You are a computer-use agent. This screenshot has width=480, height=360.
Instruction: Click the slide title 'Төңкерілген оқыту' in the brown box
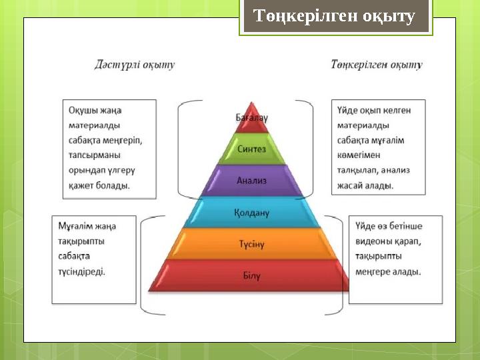335,17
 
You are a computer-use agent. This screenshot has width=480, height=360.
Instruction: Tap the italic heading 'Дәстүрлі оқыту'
135,65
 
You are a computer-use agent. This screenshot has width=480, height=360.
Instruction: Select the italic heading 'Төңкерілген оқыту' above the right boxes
377,65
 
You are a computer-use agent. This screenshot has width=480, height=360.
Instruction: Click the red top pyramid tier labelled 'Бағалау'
251,117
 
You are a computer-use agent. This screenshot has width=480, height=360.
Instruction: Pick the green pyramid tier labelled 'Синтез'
251,149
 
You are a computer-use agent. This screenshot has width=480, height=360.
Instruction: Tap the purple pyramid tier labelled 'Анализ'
251,181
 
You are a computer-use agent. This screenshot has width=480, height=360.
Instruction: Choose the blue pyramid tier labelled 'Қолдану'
251,213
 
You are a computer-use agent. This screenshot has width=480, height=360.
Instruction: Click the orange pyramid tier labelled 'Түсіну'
251,244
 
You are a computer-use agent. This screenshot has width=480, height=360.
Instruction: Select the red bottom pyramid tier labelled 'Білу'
251,275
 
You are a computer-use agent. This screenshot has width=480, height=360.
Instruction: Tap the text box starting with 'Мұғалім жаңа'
94,259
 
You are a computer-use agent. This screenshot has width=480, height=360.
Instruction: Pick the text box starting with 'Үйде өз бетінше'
395,259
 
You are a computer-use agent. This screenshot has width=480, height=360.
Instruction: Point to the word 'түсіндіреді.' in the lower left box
81,272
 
